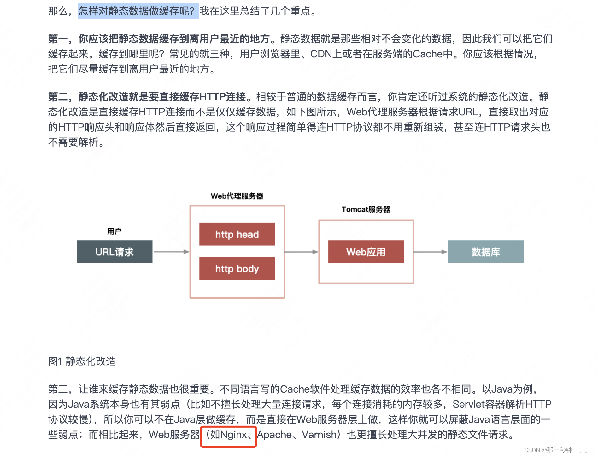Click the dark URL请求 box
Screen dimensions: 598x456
coord(114,252)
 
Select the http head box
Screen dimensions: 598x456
coord(237,234)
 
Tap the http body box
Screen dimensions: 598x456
coord(237,268)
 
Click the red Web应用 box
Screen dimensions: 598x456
coord(366,252)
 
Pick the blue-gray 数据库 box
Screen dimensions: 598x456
coord(485,252)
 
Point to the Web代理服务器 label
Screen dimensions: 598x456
coord(237,196)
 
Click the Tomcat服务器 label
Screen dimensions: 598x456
coord(366,209)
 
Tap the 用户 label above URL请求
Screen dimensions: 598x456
coord(114,231)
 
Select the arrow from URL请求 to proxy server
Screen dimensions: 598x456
coord(171,252)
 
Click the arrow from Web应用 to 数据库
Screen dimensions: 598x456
coord(430,252)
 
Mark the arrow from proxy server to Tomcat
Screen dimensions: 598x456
coord(301,252)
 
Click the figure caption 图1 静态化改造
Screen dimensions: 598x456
coord(82,361)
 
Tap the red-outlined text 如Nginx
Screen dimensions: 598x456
coord(229,435)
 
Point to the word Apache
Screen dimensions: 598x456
coord(274,435)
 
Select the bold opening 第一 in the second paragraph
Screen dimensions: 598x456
coord(58,39)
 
